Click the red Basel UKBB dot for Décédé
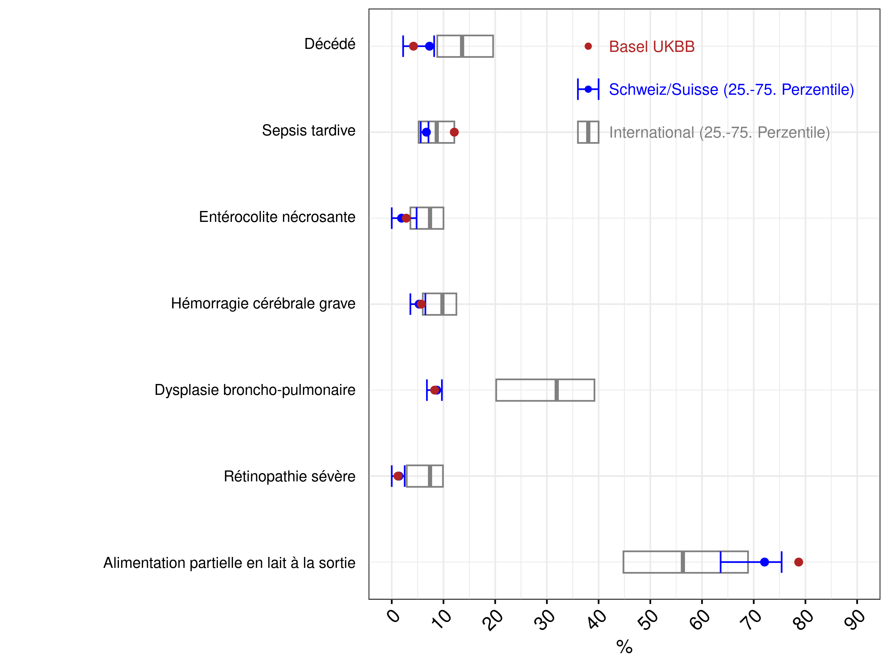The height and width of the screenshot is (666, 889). (x=413, y=46)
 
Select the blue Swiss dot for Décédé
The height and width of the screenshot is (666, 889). (x=429, y=46)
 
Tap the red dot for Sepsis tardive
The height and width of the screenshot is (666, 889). (x=454, y=132)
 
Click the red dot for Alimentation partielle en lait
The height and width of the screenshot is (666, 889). (x=799, y=562)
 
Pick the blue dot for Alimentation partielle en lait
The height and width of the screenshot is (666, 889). (x=764, y=562)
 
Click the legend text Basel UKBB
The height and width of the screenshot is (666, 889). (x=652, y=47)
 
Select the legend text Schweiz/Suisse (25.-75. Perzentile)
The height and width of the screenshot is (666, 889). (x=731, y=90)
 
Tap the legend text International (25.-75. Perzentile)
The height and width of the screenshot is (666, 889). (x=719, y=132)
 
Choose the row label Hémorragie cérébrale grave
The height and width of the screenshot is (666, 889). (x=263, y=304)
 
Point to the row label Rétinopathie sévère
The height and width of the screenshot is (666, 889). (x=290, y=476)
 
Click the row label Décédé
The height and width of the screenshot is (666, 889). (x=330, y=44)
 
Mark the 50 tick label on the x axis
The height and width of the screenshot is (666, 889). (x=647, y=619)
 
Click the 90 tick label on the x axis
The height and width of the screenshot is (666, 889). (x=854, y=619)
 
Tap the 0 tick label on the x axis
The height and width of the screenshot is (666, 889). (x=393, y=615)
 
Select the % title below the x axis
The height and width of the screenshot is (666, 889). (x=624, y=647)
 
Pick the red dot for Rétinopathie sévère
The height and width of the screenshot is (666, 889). (x=398, y=476)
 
